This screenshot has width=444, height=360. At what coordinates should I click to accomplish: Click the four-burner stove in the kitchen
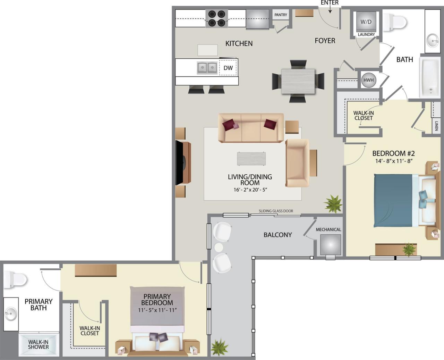217,19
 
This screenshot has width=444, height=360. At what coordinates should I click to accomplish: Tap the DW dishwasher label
228,68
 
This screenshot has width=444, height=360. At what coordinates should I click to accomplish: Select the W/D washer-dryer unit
366,22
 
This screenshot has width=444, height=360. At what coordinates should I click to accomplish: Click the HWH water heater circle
368,80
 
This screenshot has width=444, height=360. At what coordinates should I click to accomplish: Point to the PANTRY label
281,15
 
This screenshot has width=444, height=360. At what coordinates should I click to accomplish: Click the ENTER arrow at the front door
330,9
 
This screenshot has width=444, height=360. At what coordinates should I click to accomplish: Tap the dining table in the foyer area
298,81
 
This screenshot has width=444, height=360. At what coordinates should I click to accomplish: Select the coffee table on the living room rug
251,159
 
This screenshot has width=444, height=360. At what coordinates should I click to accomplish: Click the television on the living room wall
180,162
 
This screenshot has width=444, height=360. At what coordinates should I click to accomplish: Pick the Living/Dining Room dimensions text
250,190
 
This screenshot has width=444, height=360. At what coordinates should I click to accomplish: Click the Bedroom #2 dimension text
393,161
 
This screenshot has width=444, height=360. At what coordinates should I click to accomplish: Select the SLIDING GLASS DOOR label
276,211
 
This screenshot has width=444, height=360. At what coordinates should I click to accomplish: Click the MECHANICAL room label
328,229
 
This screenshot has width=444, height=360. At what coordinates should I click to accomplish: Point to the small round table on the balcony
219,247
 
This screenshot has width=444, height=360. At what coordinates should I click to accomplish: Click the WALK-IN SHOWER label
38,344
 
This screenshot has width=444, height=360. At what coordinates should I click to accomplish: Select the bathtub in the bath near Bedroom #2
429,77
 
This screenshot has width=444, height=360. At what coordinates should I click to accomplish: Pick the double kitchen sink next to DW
207,68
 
